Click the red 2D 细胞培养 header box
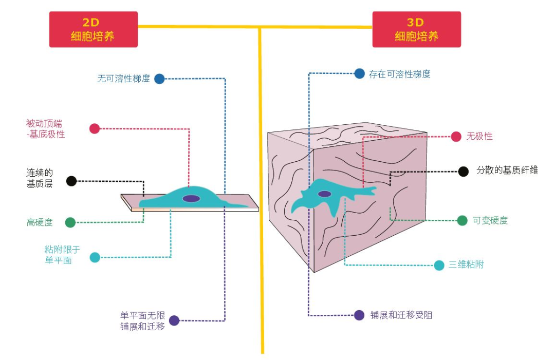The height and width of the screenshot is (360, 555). click(x=93, y=29)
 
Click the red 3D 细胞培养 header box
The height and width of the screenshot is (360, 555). click(x=416, y=29)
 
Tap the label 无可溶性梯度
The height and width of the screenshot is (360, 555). click(x=123, y=79)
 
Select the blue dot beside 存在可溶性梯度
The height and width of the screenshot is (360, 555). click(x=359, y=73)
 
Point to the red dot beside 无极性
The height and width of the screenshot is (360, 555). click(x=456, y=136)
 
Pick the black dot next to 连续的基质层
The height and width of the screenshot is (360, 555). click(x=71, y=181)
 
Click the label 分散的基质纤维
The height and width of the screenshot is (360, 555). click(x=507, y=170)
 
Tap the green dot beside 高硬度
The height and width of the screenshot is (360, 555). click(x=70, y=222)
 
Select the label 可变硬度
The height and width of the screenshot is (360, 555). click(x=490, y=220)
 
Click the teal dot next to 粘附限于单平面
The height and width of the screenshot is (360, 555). click(x=95, y=257)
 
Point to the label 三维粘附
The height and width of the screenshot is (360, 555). click(x=466, y=265)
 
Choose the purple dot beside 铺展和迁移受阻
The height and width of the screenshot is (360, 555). click(x=359, y=315)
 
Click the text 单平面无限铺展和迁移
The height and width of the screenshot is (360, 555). click(x=142, y=320)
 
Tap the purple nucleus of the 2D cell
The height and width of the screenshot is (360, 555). click(x=191, y=198)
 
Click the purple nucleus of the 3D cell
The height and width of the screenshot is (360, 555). click(x=324, y=194)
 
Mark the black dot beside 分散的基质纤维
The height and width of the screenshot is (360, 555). click(x=463, y=172)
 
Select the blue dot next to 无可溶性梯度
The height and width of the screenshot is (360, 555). click(x=159, y=79)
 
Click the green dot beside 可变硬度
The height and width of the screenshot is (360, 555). click(x=462, y=220)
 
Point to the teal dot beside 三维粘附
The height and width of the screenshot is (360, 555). click(x=439, y=265)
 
